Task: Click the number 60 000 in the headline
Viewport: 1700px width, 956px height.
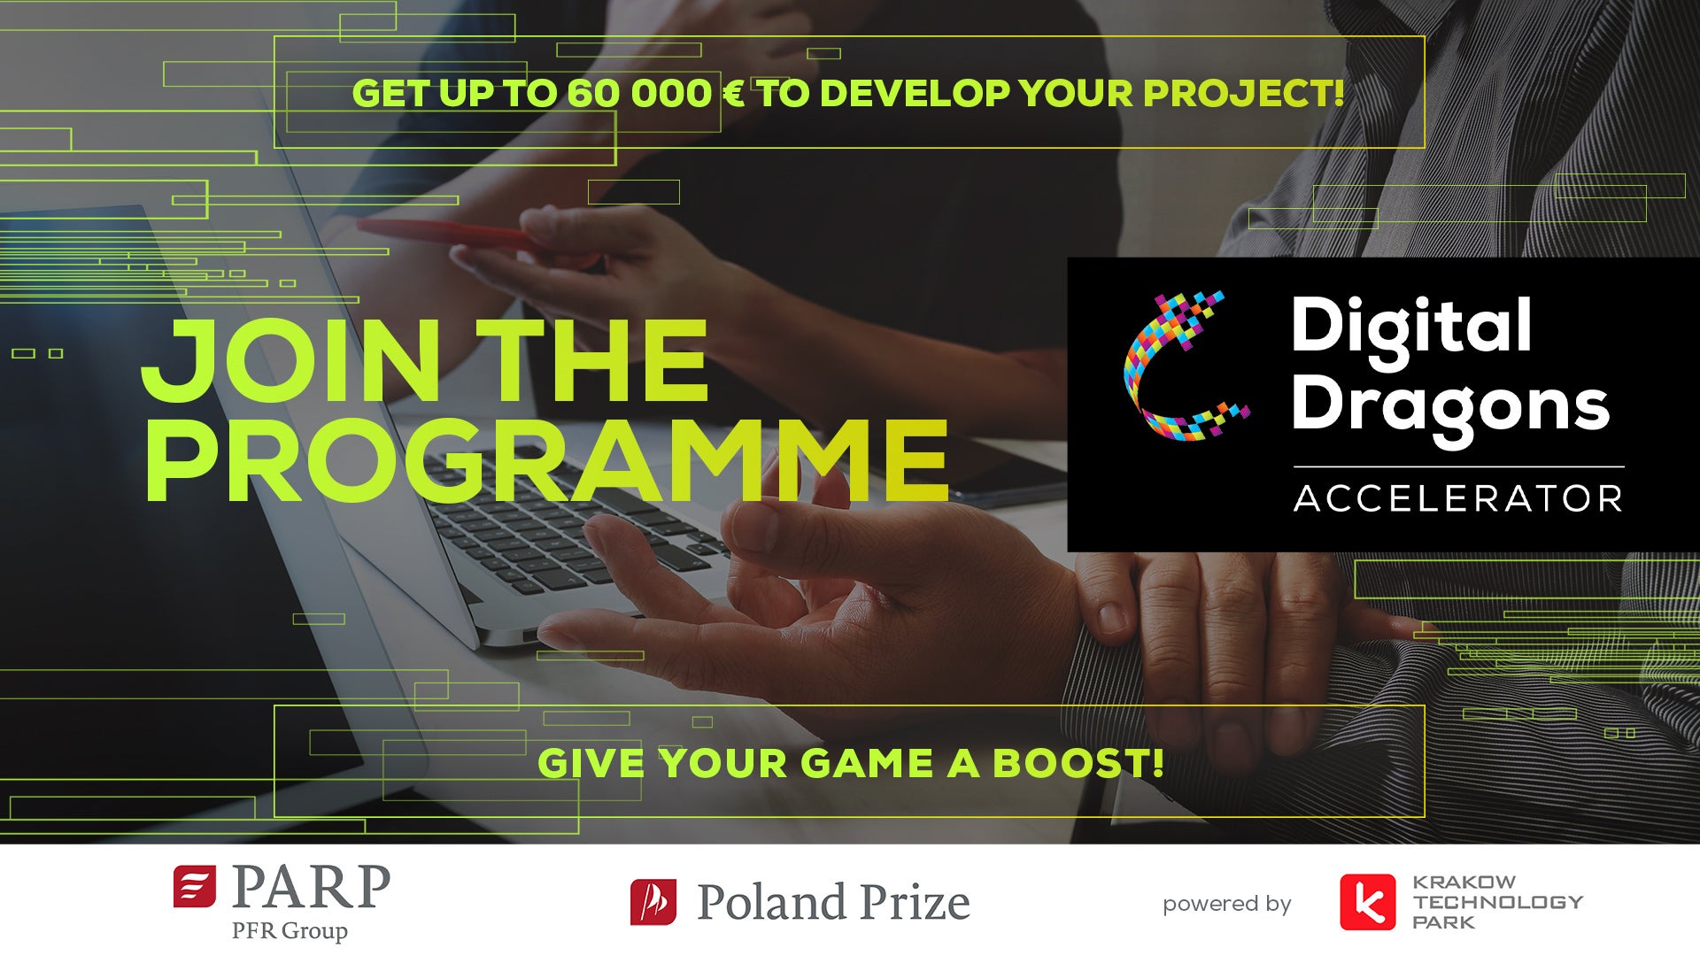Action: point(639,94)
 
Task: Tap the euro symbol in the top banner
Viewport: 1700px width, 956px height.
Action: point(734,94)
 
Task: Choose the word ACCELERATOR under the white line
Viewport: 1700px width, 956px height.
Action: point(1458,498)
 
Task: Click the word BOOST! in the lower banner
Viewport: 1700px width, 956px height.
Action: point(1078,763)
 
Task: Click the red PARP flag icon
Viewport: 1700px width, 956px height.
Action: point(195,887)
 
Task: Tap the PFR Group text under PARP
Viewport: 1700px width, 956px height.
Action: point(290,931)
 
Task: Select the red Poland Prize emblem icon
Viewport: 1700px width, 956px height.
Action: point(653,902)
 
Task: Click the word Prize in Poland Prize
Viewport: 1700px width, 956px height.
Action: point(915,903)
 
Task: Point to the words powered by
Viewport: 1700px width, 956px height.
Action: point(1227,904)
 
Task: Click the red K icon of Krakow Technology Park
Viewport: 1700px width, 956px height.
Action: point(1367,903)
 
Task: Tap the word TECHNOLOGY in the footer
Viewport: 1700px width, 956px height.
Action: point(1498,902)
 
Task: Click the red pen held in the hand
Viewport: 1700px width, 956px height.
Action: point(447,234)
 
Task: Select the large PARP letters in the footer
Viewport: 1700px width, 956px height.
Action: point(311,887)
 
